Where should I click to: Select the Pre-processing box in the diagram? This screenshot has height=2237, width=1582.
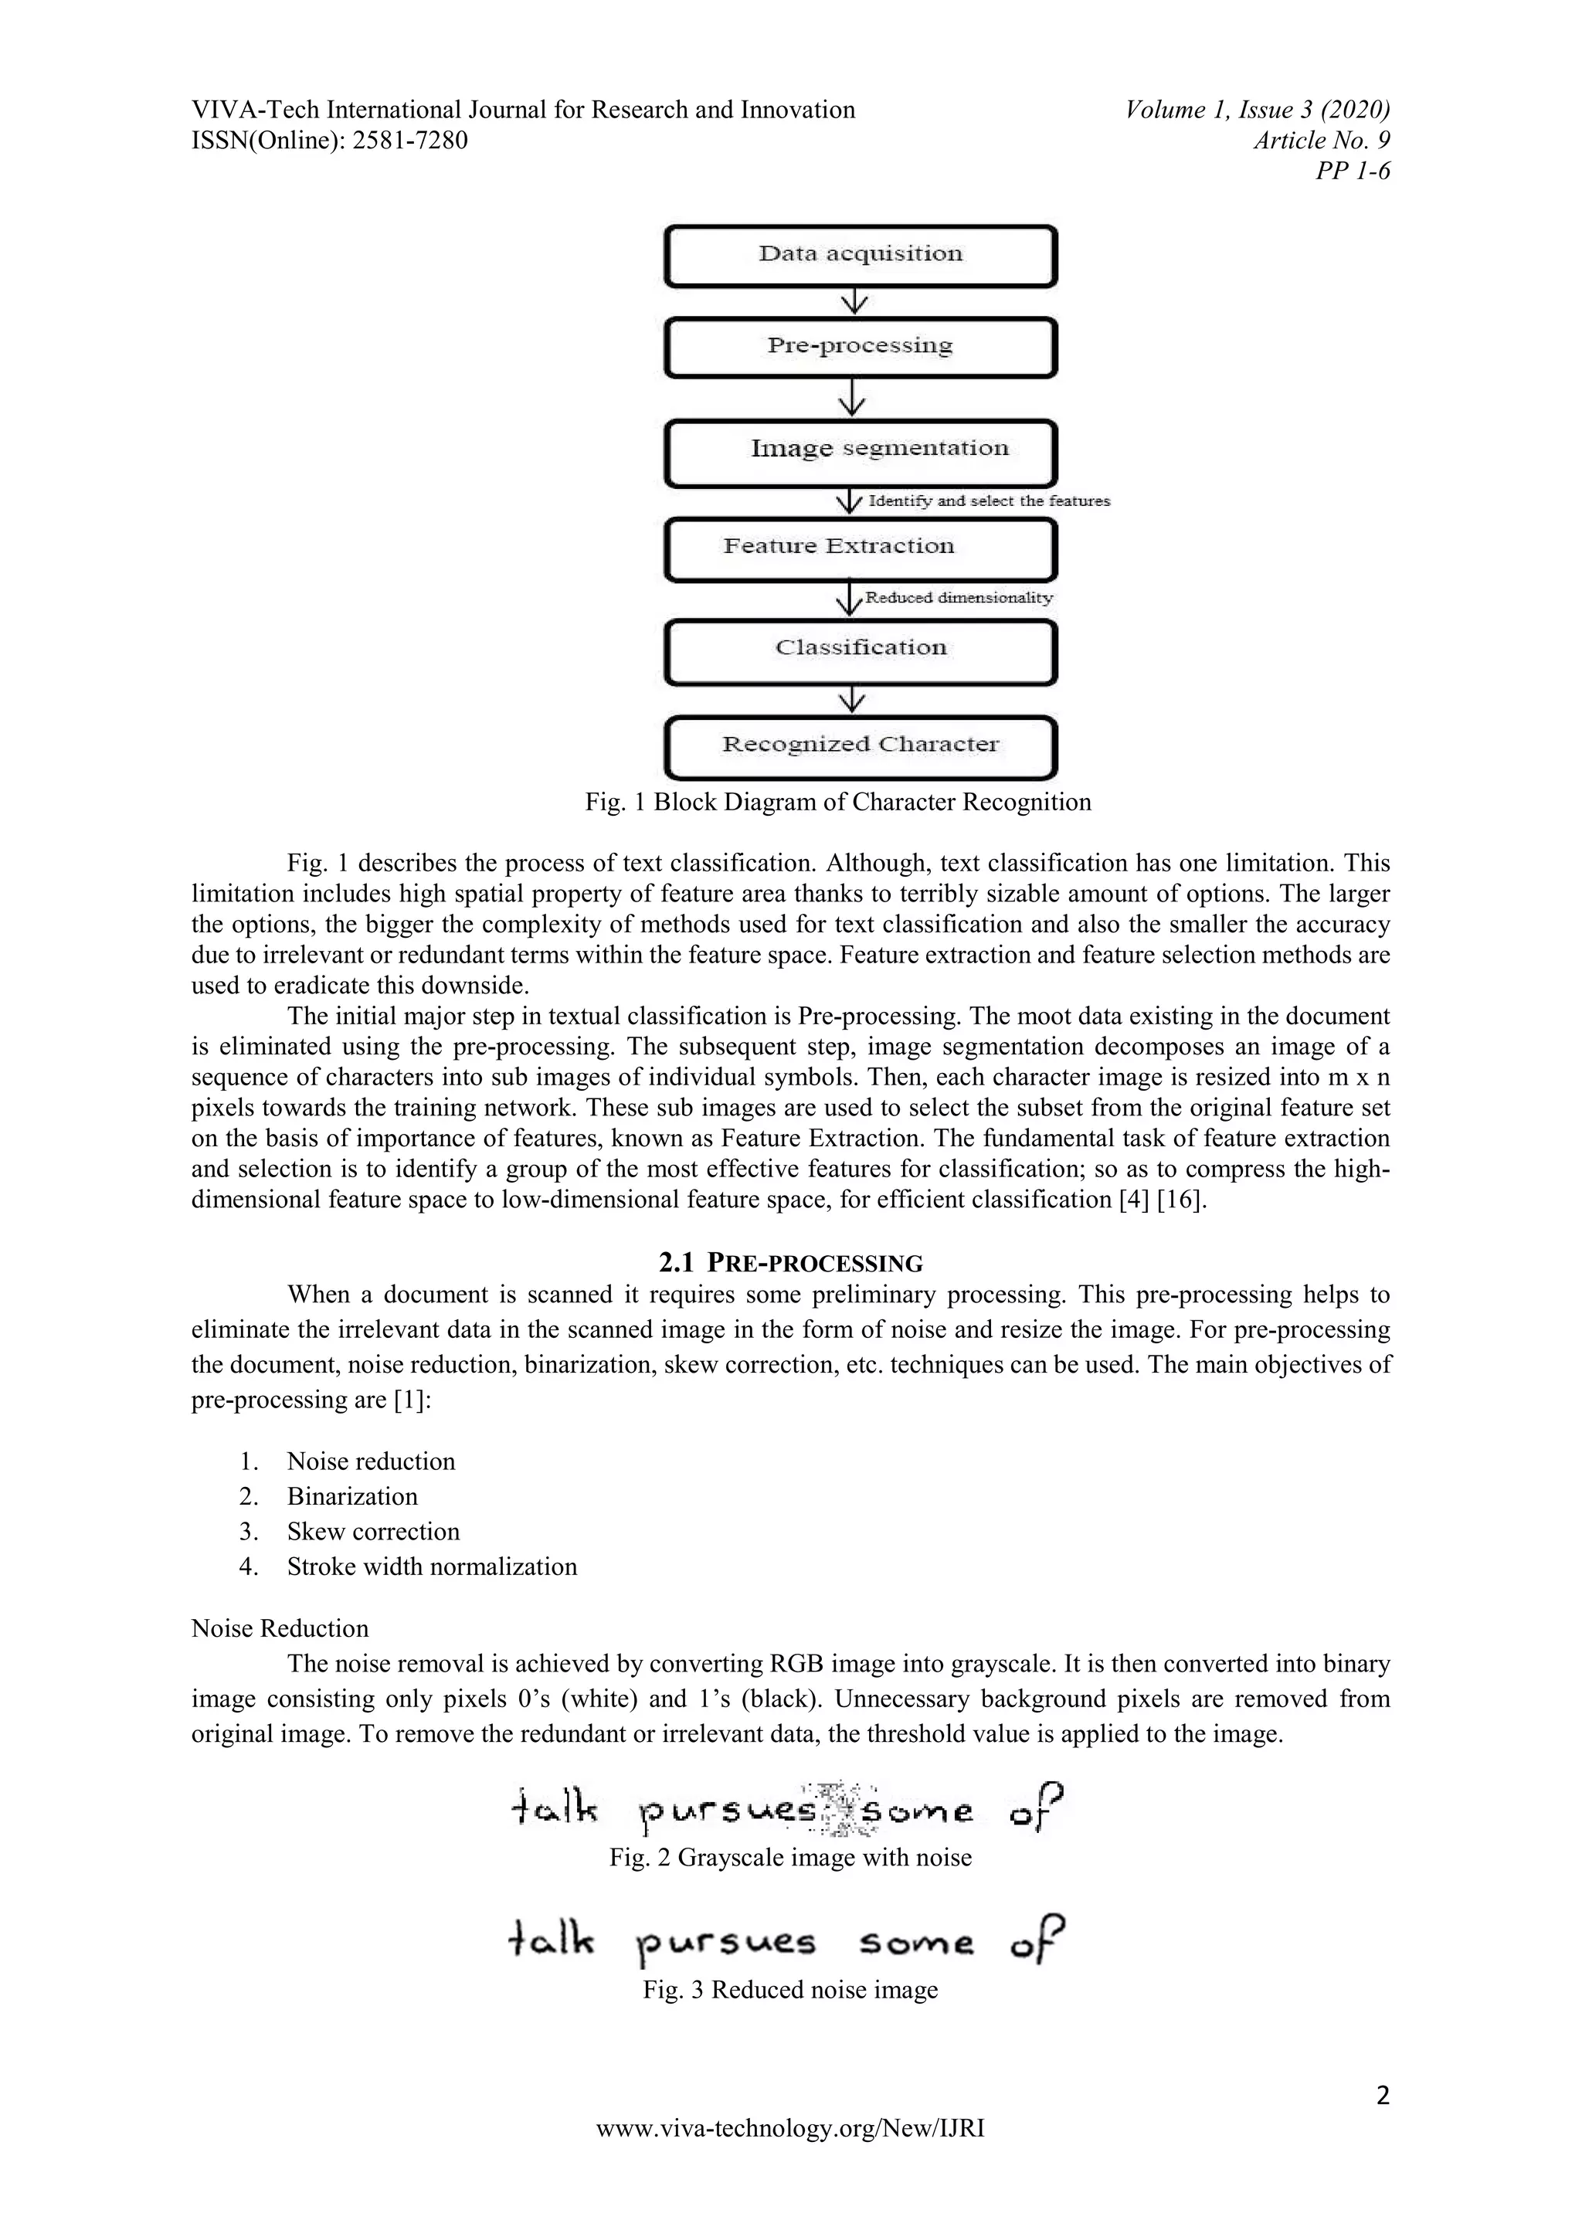(861, 347)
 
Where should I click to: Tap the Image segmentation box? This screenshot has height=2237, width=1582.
(861, 452)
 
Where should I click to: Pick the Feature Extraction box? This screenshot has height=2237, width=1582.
(861, 549)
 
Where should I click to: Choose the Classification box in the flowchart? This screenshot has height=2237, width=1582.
(861, 651)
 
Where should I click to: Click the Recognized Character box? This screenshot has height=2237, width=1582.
(861, 746)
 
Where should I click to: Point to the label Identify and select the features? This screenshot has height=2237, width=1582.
(988, 501)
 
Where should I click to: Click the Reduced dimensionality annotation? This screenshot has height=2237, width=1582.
(959, 597)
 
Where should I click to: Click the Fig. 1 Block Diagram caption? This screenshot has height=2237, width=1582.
(838, 802)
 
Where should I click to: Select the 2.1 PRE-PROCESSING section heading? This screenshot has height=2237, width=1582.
(790, 1264)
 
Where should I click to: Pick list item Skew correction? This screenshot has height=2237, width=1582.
(372, 1531)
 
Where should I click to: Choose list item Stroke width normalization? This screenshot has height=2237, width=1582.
(432, 1566)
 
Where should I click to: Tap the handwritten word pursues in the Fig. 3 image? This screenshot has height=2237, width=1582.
(726, 1943)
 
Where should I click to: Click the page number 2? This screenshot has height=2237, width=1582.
(1382, 2095)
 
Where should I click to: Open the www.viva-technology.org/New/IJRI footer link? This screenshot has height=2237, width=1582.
(790, 2129)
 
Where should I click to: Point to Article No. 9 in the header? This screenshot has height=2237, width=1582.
(1321, 141)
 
